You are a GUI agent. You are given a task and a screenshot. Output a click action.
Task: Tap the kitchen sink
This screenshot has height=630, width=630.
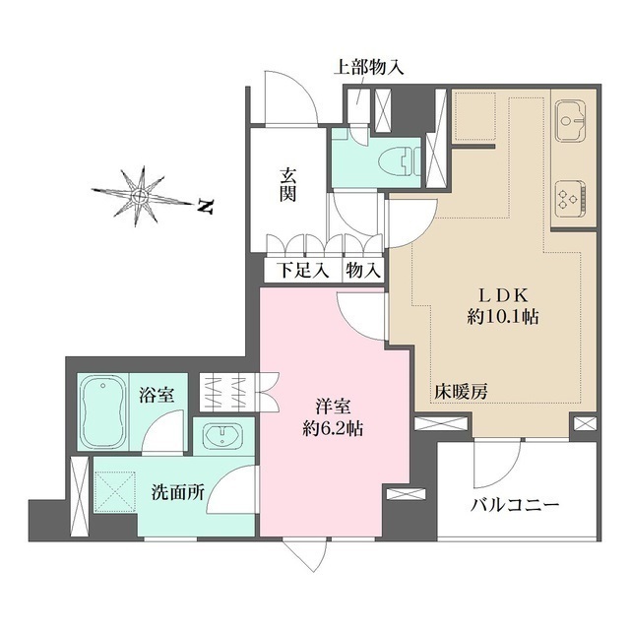pos(570,124)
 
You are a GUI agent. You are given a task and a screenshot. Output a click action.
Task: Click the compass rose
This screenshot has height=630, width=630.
pos(141,195)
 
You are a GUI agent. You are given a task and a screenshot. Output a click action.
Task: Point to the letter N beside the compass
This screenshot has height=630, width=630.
pos(205,208)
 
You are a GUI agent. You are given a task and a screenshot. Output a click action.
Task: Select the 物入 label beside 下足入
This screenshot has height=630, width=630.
pos(361,270)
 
